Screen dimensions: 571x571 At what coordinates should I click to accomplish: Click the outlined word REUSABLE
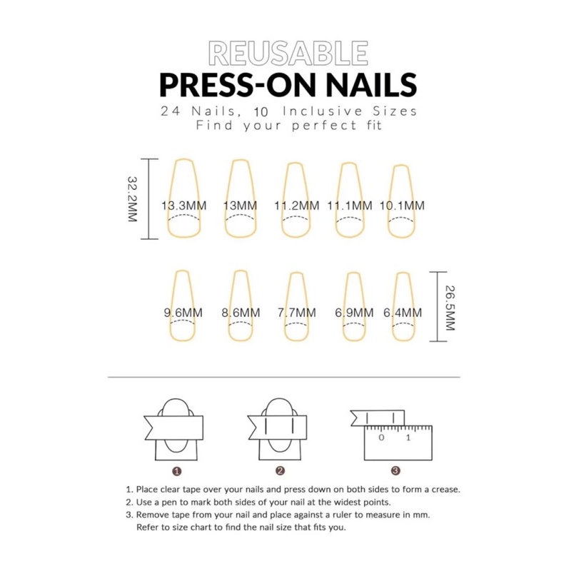[288, 53]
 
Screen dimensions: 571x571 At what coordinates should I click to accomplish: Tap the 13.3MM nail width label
[184, 206]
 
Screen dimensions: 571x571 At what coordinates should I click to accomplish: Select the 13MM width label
[240, 206]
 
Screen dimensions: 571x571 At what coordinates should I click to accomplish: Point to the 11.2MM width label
[296, 206]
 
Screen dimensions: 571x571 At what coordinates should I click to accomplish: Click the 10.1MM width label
[402, 206]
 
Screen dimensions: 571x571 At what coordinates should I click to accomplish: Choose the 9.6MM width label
[183, 313]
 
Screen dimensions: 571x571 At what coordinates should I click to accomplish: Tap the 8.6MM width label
[241, 313]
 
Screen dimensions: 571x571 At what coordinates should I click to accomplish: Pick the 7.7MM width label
[297, 313]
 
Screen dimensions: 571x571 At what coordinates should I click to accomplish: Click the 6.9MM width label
[354, 313]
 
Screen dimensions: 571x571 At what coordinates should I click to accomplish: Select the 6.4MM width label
[403, 313]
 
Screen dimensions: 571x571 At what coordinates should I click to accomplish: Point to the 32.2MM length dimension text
[132, 199]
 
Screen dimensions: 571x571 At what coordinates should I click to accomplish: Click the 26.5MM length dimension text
[450, 308]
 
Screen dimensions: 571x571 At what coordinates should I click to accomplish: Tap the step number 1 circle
[176, 471]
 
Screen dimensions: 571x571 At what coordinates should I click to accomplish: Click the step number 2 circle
[280, 471]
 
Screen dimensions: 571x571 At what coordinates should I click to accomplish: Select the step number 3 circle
[395, 471]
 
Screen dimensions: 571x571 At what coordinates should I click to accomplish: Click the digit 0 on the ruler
[381, 438]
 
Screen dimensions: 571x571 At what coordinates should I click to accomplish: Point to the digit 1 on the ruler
[408, 438]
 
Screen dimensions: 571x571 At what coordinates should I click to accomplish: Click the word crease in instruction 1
[445, 490]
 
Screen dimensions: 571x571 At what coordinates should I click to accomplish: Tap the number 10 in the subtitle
[261, 112]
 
